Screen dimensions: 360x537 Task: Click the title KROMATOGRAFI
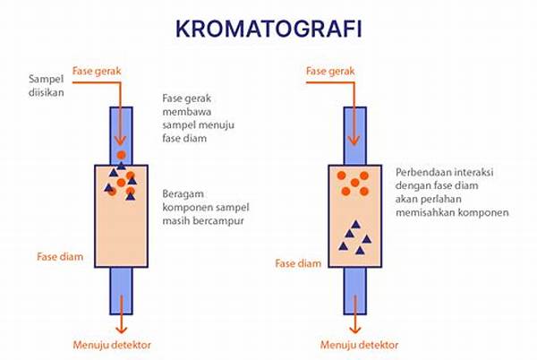(268, 29)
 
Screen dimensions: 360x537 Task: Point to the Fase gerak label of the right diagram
(329, 71)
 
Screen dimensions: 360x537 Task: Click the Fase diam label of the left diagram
(61, 257)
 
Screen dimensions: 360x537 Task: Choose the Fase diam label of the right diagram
(297, 264)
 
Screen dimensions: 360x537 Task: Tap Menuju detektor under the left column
(111, 344)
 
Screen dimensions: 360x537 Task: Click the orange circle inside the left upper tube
(122, 155)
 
